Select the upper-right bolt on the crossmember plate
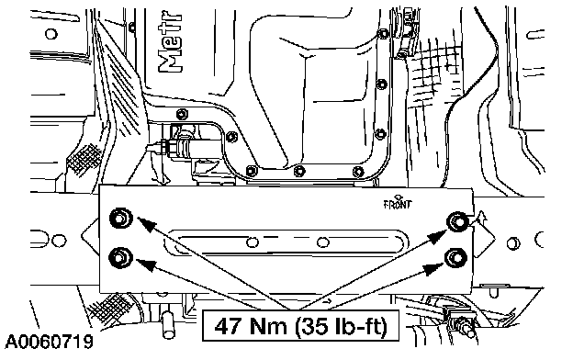click(458, 221)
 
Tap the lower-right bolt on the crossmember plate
click(455, 258)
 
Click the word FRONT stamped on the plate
click(398, 204)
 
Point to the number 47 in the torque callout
click(229, 326)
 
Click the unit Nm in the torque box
click(268, 326)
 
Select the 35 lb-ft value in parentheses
click(341, 326)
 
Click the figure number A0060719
click(49, 342)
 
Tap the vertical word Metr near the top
click(170, 43)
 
